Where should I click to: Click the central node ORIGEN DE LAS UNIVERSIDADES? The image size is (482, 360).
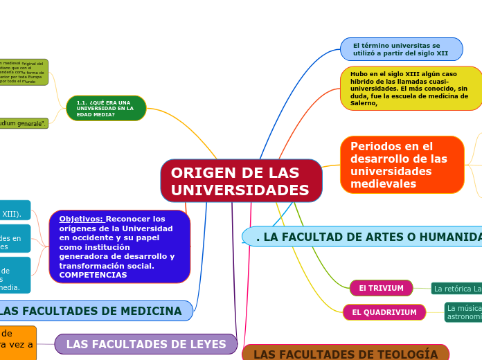pyautogui.click(x=241, y=181)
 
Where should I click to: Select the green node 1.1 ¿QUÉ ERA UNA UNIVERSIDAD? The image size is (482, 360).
pyautogui.click(x=106, y=108)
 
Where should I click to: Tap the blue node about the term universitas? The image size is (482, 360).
pyautogui.click(x=401, y=49)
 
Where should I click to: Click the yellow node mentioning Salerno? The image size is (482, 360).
pyautogui.click(x=411, y=88)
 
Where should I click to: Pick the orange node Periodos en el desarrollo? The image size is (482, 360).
pyautogui.click(x=402, y=165)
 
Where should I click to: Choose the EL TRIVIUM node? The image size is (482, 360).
pyautogui.click(x=381, y=288)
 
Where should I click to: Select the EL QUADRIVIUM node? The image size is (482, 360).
pyautogui.click(x=384, y=312)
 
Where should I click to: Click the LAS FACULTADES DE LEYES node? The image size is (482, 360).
pyautogui.click(x=145, y=344)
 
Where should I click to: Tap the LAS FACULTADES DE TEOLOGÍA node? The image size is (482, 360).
pyautogui.click(x=345, y=354)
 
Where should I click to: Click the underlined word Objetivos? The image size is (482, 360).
pyautogui.click(x=81, y=219)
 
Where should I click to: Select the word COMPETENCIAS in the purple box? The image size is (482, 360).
pyautogui.click(x=93, y=275)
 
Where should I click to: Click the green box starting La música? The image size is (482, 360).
pyautogui.click(x=463, y=312)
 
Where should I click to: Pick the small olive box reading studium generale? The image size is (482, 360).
pyautogui.click(x=24, y=123)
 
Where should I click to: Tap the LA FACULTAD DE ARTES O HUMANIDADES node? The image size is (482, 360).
pyautogui.click(x=367, y=237)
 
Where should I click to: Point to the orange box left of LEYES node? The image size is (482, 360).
pyautogui.click(x=17, y=343)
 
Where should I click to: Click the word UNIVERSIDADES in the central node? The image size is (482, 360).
pyautogui.click(x=240, y=190)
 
